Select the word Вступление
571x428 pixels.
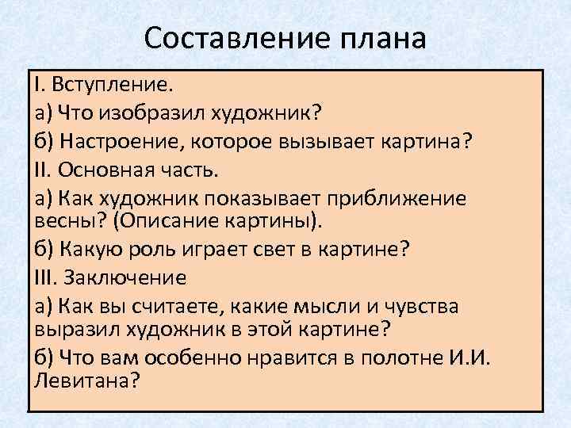110,84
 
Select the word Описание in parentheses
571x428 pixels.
159,218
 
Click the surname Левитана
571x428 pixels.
86,379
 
